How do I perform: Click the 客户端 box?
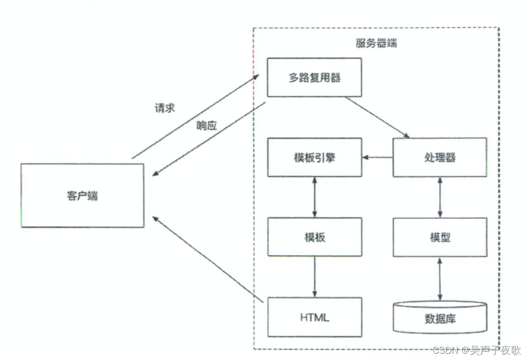82,195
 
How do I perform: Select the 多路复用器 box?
314,77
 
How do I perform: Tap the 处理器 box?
439,157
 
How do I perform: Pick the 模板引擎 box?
314,157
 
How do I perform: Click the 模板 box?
314,237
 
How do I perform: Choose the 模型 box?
439,237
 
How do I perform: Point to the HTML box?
314,317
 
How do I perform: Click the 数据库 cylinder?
439,318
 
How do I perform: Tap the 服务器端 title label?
376,43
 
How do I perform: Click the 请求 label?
165,108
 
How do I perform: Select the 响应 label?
207,125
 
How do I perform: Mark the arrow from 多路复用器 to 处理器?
377,117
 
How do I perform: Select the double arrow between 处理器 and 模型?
439,197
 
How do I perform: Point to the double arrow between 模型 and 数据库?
439,279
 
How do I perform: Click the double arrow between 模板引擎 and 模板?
314,197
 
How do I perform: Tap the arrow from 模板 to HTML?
314,277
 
